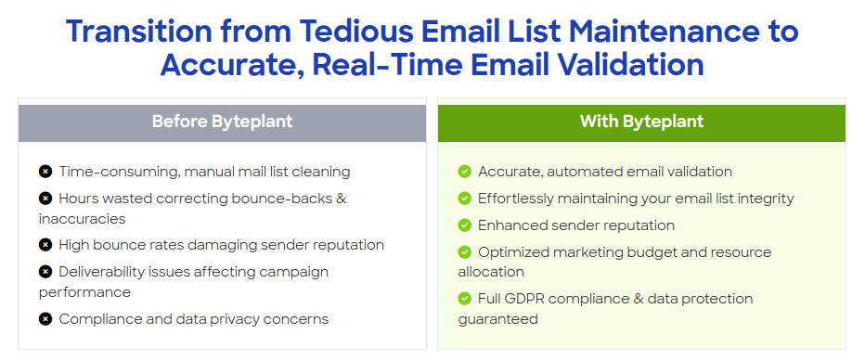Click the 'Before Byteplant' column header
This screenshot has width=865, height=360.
[x=222, y=122]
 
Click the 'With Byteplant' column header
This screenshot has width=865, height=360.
[x=641, y=122]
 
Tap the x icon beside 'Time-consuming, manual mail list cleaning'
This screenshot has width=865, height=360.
[x=45, y=172]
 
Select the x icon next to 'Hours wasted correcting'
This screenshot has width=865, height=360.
[x=45, y=199]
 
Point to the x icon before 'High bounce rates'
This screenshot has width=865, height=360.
[x=45, y=245]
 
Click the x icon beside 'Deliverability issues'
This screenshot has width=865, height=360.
[x=45, y=272]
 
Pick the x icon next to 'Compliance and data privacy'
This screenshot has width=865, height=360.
[x=45, y=319]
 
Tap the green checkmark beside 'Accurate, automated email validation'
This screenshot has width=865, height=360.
[x=465, y=172]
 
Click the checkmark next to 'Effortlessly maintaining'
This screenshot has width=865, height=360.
[x=465, y=199]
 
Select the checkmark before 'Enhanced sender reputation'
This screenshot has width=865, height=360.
[x=465, y=225]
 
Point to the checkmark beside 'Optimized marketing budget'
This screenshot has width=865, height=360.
[x=465, y=252]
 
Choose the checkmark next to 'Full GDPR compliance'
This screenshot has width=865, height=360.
[x=465, y=299]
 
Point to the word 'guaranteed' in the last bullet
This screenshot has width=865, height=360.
[x=497, y=319]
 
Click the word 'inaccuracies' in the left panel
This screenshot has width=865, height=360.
[x=82, y=219]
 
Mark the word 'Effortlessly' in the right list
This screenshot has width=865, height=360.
[x=520, y=199]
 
